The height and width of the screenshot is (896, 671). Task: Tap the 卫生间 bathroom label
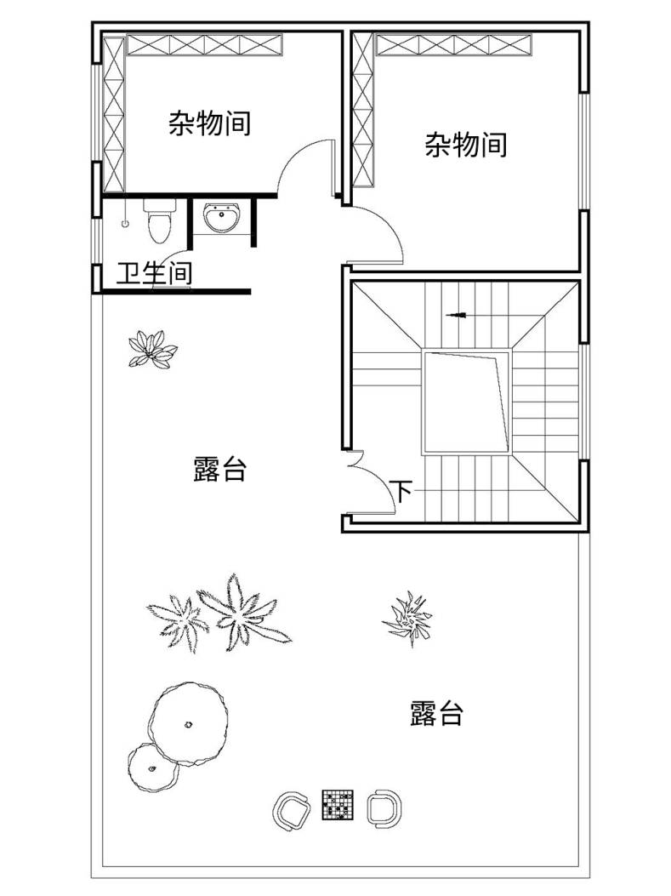coord(154,274)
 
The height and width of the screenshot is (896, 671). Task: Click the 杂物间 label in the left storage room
coord(209,124)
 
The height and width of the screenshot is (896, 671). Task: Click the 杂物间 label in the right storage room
coord(465,145)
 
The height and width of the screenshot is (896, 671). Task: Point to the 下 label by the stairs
coord(401,490)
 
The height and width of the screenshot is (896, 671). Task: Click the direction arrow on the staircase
coord(457,315)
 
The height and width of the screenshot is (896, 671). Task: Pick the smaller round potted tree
coord(152,768)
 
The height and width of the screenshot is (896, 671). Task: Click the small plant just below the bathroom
coord(152,348)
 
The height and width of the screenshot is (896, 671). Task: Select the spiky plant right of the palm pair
coord(407,618)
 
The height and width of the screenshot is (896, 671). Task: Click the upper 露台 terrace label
coord(219,469)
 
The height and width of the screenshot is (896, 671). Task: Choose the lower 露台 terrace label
coord(436,713)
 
